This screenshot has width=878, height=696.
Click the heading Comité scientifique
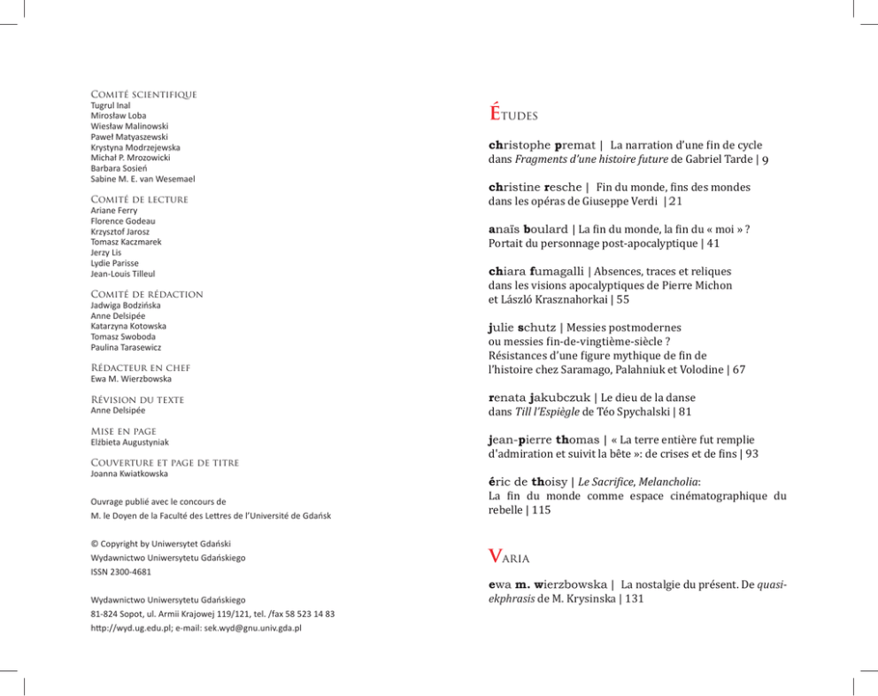(x=143, y=94)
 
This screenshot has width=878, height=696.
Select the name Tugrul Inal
(x=111, y=105)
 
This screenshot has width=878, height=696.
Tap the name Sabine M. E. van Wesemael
(x=142, y=179)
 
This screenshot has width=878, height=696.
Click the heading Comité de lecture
(x=139, y=199)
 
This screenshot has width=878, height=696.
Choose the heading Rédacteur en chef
(x=140, y=367)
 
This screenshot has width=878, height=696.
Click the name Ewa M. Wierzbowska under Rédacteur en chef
(x=131, y=379)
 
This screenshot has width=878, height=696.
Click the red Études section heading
(x=513, y=113)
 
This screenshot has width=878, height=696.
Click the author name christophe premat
(x=537, y=144)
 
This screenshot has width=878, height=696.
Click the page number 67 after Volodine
(x=738, y=368)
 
